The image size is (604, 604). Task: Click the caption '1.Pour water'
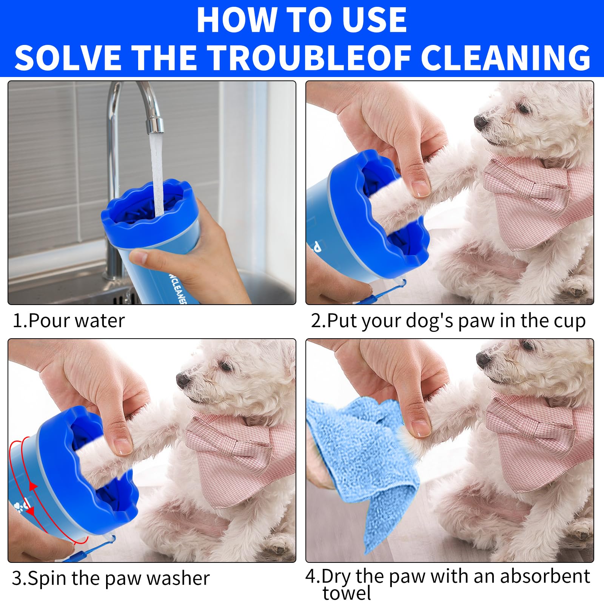pos(69,321)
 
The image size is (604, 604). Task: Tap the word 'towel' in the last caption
pos(347,593)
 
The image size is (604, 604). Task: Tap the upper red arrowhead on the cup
pos(33,487)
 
